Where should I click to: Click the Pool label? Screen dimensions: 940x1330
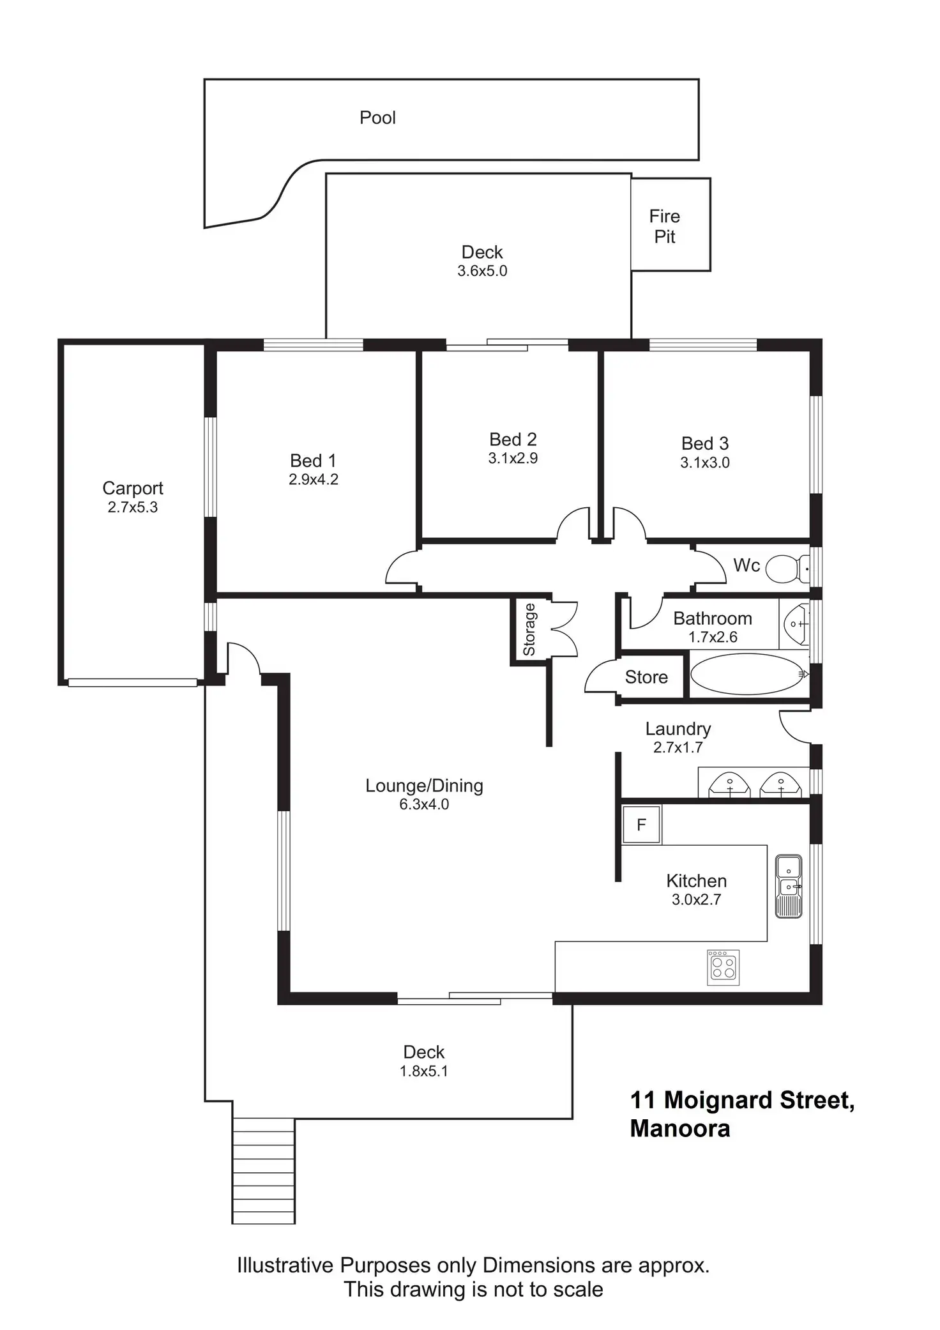click(377, 118)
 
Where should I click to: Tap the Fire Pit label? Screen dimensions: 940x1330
click(664, 226)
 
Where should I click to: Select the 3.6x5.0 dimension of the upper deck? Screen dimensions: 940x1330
click(482, 271)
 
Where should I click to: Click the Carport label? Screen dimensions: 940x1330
click(133, 488)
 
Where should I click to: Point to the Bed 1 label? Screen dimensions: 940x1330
click(313, 461)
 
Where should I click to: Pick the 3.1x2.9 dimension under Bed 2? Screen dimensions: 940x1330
click(513, 458)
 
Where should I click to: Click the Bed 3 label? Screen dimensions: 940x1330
click(704, 443)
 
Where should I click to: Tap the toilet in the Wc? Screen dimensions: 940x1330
click(784, 568)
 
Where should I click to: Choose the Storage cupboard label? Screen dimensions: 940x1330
click(529, 630)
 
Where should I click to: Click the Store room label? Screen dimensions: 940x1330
click(646, 677)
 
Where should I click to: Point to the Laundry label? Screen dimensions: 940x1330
click(678, 729)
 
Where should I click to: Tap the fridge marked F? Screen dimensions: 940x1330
click(642, 825)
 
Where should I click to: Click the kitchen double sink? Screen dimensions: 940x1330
click(789, 886)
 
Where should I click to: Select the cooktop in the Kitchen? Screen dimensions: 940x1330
click(724, 967)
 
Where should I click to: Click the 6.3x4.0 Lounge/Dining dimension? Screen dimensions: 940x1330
click(424, 804)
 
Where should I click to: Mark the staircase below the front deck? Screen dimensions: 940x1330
click(263, 1170)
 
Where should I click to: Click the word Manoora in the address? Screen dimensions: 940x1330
click(679, 1129)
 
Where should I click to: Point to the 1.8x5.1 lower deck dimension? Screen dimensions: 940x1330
click(424, 1071)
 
